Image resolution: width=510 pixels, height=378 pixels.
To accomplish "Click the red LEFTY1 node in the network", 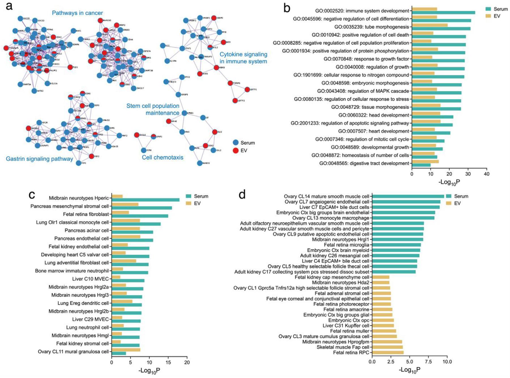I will (x=247, y=90).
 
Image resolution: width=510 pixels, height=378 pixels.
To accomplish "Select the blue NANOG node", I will (x=200, y=163).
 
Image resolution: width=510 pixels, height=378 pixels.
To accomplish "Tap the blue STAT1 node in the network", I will (x=182, y=49).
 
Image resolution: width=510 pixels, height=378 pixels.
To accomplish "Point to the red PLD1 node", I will (x=70, y=67).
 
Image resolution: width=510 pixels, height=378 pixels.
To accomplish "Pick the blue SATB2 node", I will (x=34, y=91).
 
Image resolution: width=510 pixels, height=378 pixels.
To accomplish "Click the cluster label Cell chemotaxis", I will (x=162, y=157).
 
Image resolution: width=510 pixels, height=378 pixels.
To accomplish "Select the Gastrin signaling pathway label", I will (x=39, y=159).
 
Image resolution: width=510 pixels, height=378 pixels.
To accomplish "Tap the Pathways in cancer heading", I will (x=77, y=13).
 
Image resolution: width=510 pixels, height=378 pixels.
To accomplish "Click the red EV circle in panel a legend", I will (x=235, y=151).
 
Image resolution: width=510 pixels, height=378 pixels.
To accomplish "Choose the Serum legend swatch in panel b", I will (x=488, y=9).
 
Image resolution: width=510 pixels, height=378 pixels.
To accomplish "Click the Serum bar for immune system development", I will (x=443, y=12).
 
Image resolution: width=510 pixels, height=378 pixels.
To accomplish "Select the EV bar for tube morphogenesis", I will (x=430, y=25).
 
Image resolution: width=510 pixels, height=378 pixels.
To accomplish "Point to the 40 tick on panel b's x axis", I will (x=486, y=174).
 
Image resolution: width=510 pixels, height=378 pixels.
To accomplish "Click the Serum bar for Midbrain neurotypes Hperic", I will (x=145, y=200).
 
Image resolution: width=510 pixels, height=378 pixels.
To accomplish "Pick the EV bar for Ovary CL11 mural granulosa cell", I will (x=126, y=350).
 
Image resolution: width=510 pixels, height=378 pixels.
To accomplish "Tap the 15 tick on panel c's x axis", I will (x=168, y=362).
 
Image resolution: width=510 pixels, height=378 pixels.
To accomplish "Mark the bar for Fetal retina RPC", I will (x=388, y=352).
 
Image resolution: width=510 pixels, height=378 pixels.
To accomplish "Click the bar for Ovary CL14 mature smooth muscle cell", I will (x=408, y=196).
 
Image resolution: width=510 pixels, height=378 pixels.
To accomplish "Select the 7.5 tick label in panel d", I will (x=428, y=362).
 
